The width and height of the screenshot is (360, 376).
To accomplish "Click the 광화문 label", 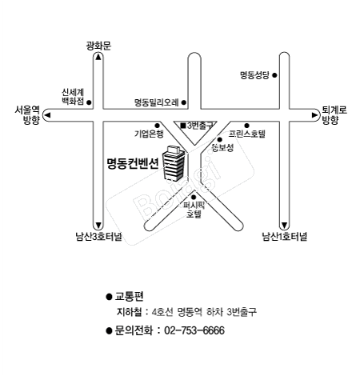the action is (x=98, y=46).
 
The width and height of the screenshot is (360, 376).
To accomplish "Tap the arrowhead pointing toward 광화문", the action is (x=98, y=57).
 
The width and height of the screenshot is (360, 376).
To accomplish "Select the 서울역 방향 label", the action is (x=28, y=115).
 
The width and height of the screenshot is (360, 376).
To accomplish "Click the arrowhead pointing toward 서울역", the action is (x=47, y=115).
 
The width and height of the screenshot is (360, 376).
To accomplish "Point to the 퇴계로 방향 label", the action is (x=334, y=115).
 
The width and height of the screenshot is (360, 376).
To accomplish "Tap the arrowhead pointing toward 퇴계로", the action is (x=315, y=115).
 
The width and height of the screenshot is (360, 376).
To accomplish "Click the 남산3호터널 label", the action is (x=99, y=237).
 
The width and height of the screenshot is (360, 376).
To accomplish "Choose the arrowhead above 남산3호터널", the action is (x=98, y=226).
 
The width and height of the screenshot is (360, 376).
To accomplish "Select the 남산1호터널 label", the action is (x=285, y=237).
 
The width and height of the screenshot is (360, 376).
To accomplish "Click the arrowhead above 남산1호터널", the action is (x=285, y=226).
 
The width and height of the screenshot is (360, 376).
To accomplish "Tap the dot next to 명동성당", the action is (x=274, y=75).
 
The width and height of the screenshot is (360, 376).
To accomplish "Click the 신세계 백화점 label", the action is (x=73, y=97).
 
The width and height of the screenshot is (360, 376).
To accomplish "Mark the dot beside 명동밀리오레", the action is (x=184, y=102).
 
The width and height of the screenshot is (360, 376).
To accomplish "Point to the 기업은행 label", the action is (x=149, y=134).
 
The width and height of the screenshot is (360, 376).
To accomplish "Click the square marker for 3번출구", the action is (x=183, y=126).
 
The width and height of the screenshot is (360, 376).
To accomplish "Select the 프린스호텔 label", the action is (x=247, y=134).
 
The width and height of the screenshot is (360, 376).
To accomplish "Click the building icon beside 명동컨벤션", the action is (x=174, y=162).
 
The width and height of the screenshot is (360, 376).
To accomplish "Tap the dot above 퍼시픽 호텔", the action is (x=194, y=198).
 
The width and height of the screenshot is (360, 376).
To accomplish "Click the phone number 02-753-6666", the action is (x=194, y=330).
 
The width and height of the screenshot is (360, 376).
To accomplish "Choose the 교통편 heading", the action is (x=129, y=296).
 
